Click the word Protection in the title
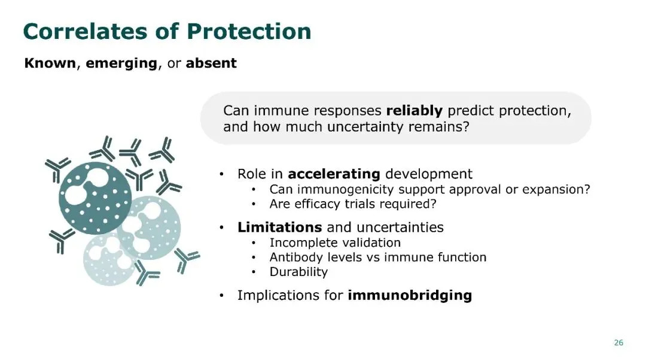[249, 31]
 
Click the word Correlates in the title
[86, 31]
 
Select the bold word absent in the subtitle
[211, 63]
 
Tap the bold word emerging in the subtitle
[121, 63]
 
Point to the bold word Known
[50, 63]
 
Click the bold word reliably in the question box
[415, 111]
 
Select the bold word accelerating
[334, 174]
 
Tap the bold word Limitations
[280, 227]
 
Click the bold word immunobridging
[410, 296]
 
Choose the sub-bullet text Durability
[298, 272]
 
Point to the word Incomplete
[300, 243]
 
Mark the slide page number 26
[618, 342]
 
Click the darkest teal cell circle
[95, 198]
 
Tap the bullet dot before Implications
[222, 296]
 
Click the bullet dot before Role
[222, 174]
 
